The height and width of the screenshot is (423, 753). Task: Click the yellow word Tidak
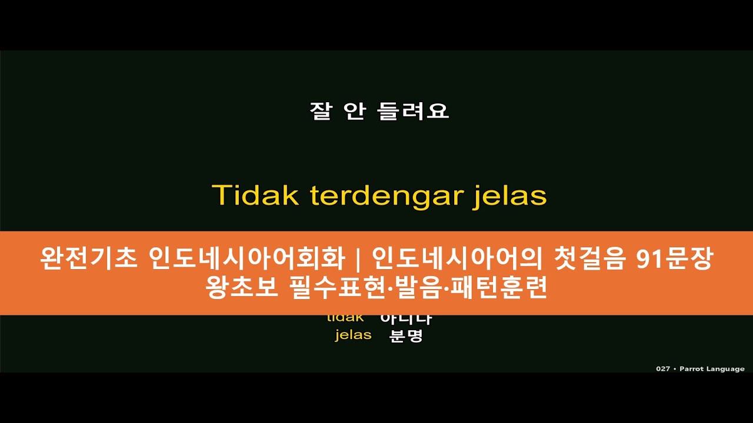click(255, 196)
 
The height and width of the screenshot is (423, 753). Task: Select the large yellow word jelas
click(509, 196)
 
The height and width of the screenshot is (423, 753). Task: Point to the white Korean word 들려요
click(415, 111)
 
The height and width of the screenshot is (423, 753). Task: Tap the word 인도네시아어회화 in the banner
click(248, 259)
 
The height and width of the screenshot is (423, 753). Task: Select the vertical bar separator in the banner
click(359, 259)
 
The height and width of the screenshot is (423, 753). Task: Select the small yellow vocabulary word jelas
click(353, 335)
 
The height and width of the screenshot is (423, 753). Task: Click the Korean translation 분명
click(407, 336)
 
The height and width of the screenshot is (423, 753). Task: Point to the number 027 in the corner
click(663, 369)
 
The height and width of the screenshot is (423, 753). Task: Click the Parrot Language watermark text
click(712, 369)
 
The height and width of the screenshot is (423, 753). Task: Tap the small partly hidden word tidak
click(345, 318)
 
